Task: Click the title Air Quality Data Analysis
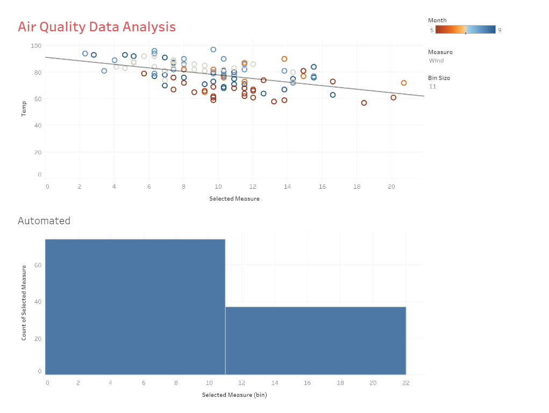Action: [x=97, y=27]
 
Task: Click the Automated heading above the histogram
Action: [x=44, y=220]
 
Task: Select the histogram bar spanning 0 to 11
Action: [x=135, y=307]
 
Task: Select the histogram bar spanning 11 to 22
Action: [x=316, y=340]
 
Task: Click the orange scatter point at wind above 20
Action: [x=404, y=83]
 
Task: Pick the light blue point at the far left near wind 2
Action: [x=85, y=54]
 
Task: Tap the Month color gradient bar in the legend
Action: [x=465, y=30]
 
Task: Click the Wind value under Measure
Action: [x=437, y=61]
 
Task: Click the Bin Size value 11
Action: [x=432, y=87]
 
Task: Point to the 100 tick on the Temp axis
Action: [x=35, y=46]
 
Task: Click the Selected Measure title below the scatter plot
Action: [x=234, y=199]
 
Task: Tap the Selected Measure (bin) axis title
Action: [x=234, y=395]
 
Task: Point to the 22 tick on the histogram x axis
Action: [x=406, y=383]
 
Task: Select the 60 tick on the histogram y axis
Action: [x=39, y=265]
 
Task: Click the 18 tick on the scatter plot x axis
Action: [x=357, y=187]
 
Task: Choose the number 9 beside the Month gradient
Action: [x=500, y=30]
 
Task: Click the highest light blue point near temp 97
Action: [x=213, y=49]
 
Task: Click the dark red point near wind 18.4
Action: [x=364, y=103]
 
